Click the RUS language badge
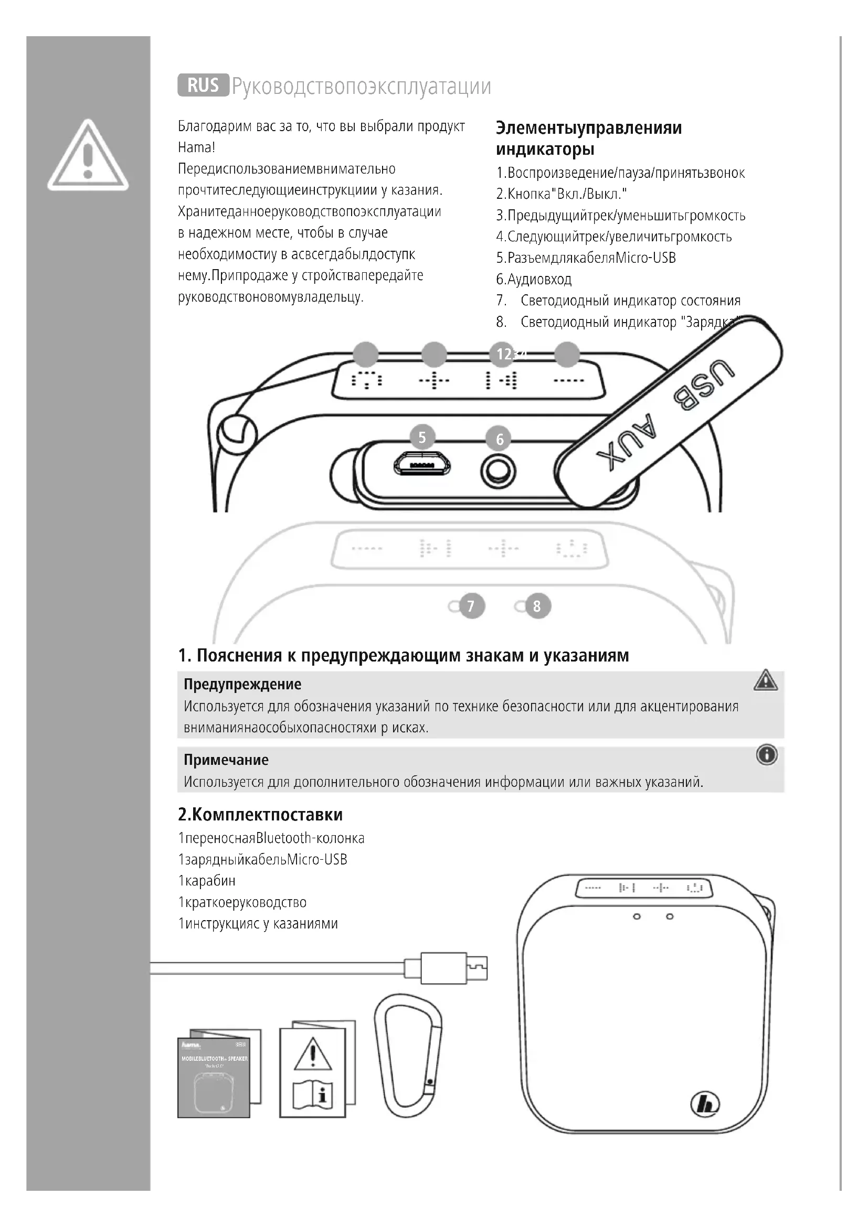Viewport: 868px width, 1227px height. [203, 85]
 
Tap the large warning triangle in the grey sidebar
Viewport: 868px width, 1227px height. [88, 156]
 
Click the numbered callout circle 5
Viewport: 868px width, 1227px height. [422, 438]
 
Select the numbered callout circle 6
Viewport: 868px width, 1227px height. [500, 439]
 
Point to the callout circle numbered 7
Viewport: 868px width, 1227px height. [471, 606]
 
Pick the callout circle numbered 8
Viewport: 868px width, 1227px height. [537, 606]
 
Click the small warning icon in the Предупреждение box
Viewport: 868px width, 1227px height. [765, 680]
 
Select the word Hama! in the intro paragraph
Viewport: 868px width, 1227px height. [196, 147]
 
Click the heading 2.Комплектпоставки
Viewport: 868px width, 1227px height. [260, 815]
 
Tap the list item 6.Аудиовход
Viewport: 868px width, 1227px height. [534, 279]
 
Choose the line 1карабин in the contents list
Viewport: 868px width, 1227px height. [207, 881]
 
